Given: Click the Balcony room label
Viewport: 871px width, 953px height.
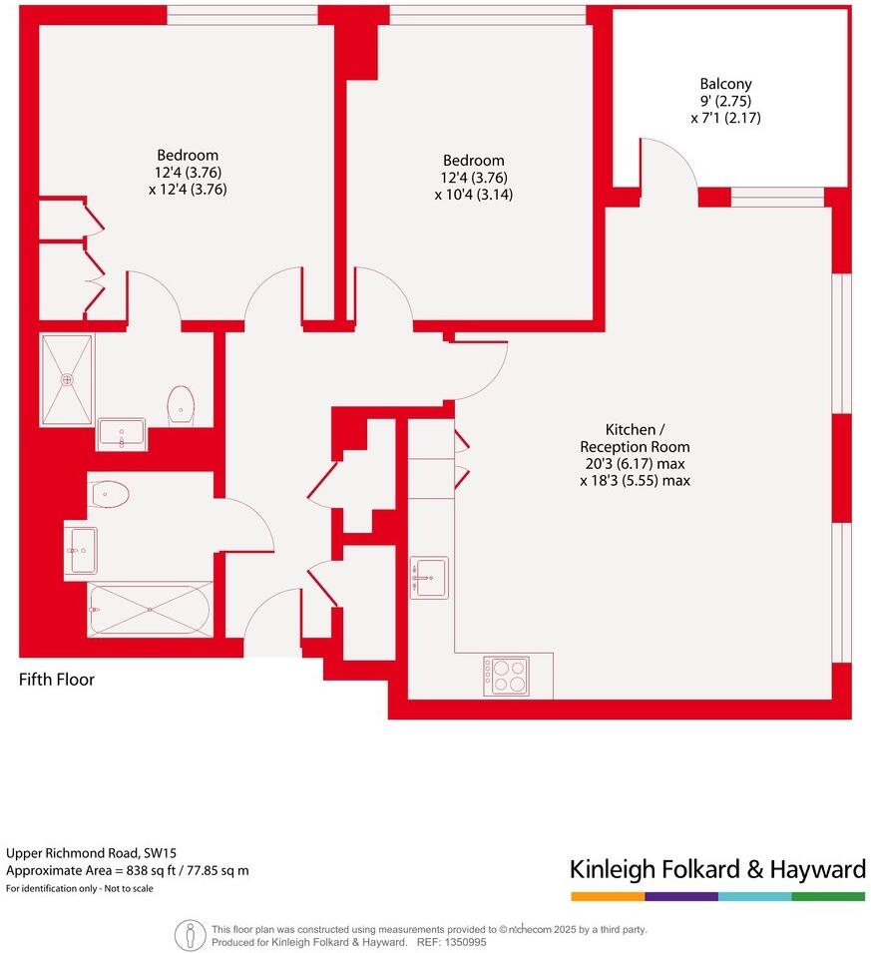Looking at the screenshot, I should point(725,85).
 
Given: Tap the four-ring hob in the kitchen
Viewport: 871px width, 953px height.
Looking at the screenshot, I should point(506,676).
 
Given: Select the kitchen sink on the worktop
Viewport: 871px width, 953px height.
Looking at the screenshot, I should point(429,577).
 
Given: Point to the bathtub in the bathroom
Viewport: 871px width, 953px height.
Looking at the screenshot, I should point(150,608).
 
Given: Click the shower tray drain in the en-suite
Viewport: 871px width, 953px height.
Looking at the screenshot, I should point(67,379).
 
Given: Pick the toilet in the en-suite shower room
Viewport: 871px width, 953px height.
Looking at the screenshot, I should point(181,404).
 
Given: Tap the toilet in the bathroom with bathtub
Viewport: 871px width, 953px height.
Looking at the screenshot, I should point(110,493).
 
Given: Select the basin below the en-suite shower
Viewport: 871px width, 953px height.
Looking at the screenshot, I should point(122,434).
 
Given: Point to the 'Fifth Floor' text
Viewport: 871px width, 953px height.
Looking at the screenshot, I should point(57,680).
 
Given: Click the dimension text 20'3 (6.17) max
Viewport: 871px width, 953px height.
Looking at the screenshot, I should point(635,464).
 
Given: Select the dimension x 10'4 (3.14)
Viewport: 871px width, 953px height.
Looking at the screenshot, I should point(473,195).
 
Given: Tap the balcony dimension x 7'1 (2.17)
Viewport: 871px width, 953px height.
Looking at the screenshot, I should point(725,118).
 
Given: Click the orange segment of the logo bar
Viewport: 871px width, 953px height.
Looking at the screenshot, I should point(607,896).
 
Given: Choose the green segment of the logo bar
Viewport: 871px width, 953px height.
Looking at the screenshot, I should point(828,896).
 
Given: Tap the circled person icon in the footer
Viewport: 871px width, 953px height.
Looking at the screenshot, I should point(190,935).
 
